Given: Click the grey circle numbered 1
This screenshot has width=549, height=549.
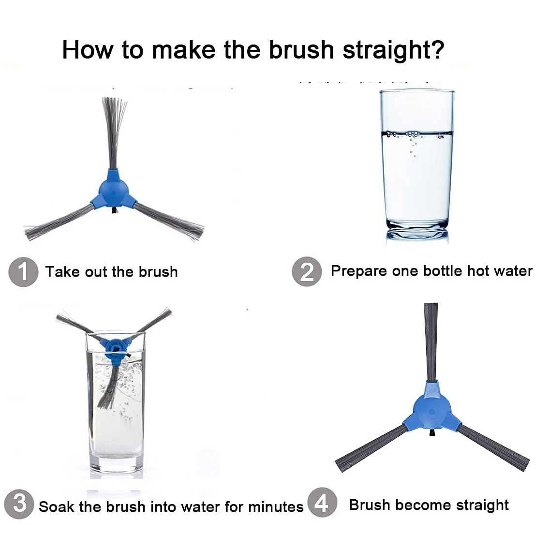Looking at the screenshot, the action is (23, 272).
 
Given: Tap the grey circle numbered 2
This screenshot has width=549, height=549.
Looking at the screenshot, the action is (307, 272).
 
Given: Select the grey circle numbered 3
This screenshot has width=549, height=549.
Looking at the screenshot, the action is (19, 504).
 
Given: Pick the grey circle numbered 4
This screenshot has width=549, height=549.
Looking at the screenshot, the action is (322, 502).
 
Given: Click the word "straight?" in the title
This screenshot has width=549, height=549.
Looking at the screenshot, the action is (394, 50).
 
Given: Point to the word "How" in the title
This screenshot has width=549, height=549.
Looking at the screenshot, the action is (88, 50).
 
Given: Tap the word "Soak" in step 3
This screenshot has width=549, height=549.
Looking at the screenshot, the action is (57, 506).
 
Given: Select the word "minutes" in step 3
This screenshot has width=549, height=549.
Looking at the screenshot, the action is (276, 506).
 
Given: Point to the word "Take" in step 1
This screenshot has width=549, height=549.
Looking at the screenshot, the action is (63, 272).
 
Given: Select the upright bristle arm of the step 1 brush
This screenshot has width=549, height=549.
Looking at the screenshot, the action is (114, 133).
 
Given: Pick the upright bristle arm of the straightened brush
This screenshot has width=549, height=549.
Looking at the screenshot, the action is (431, 341).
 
